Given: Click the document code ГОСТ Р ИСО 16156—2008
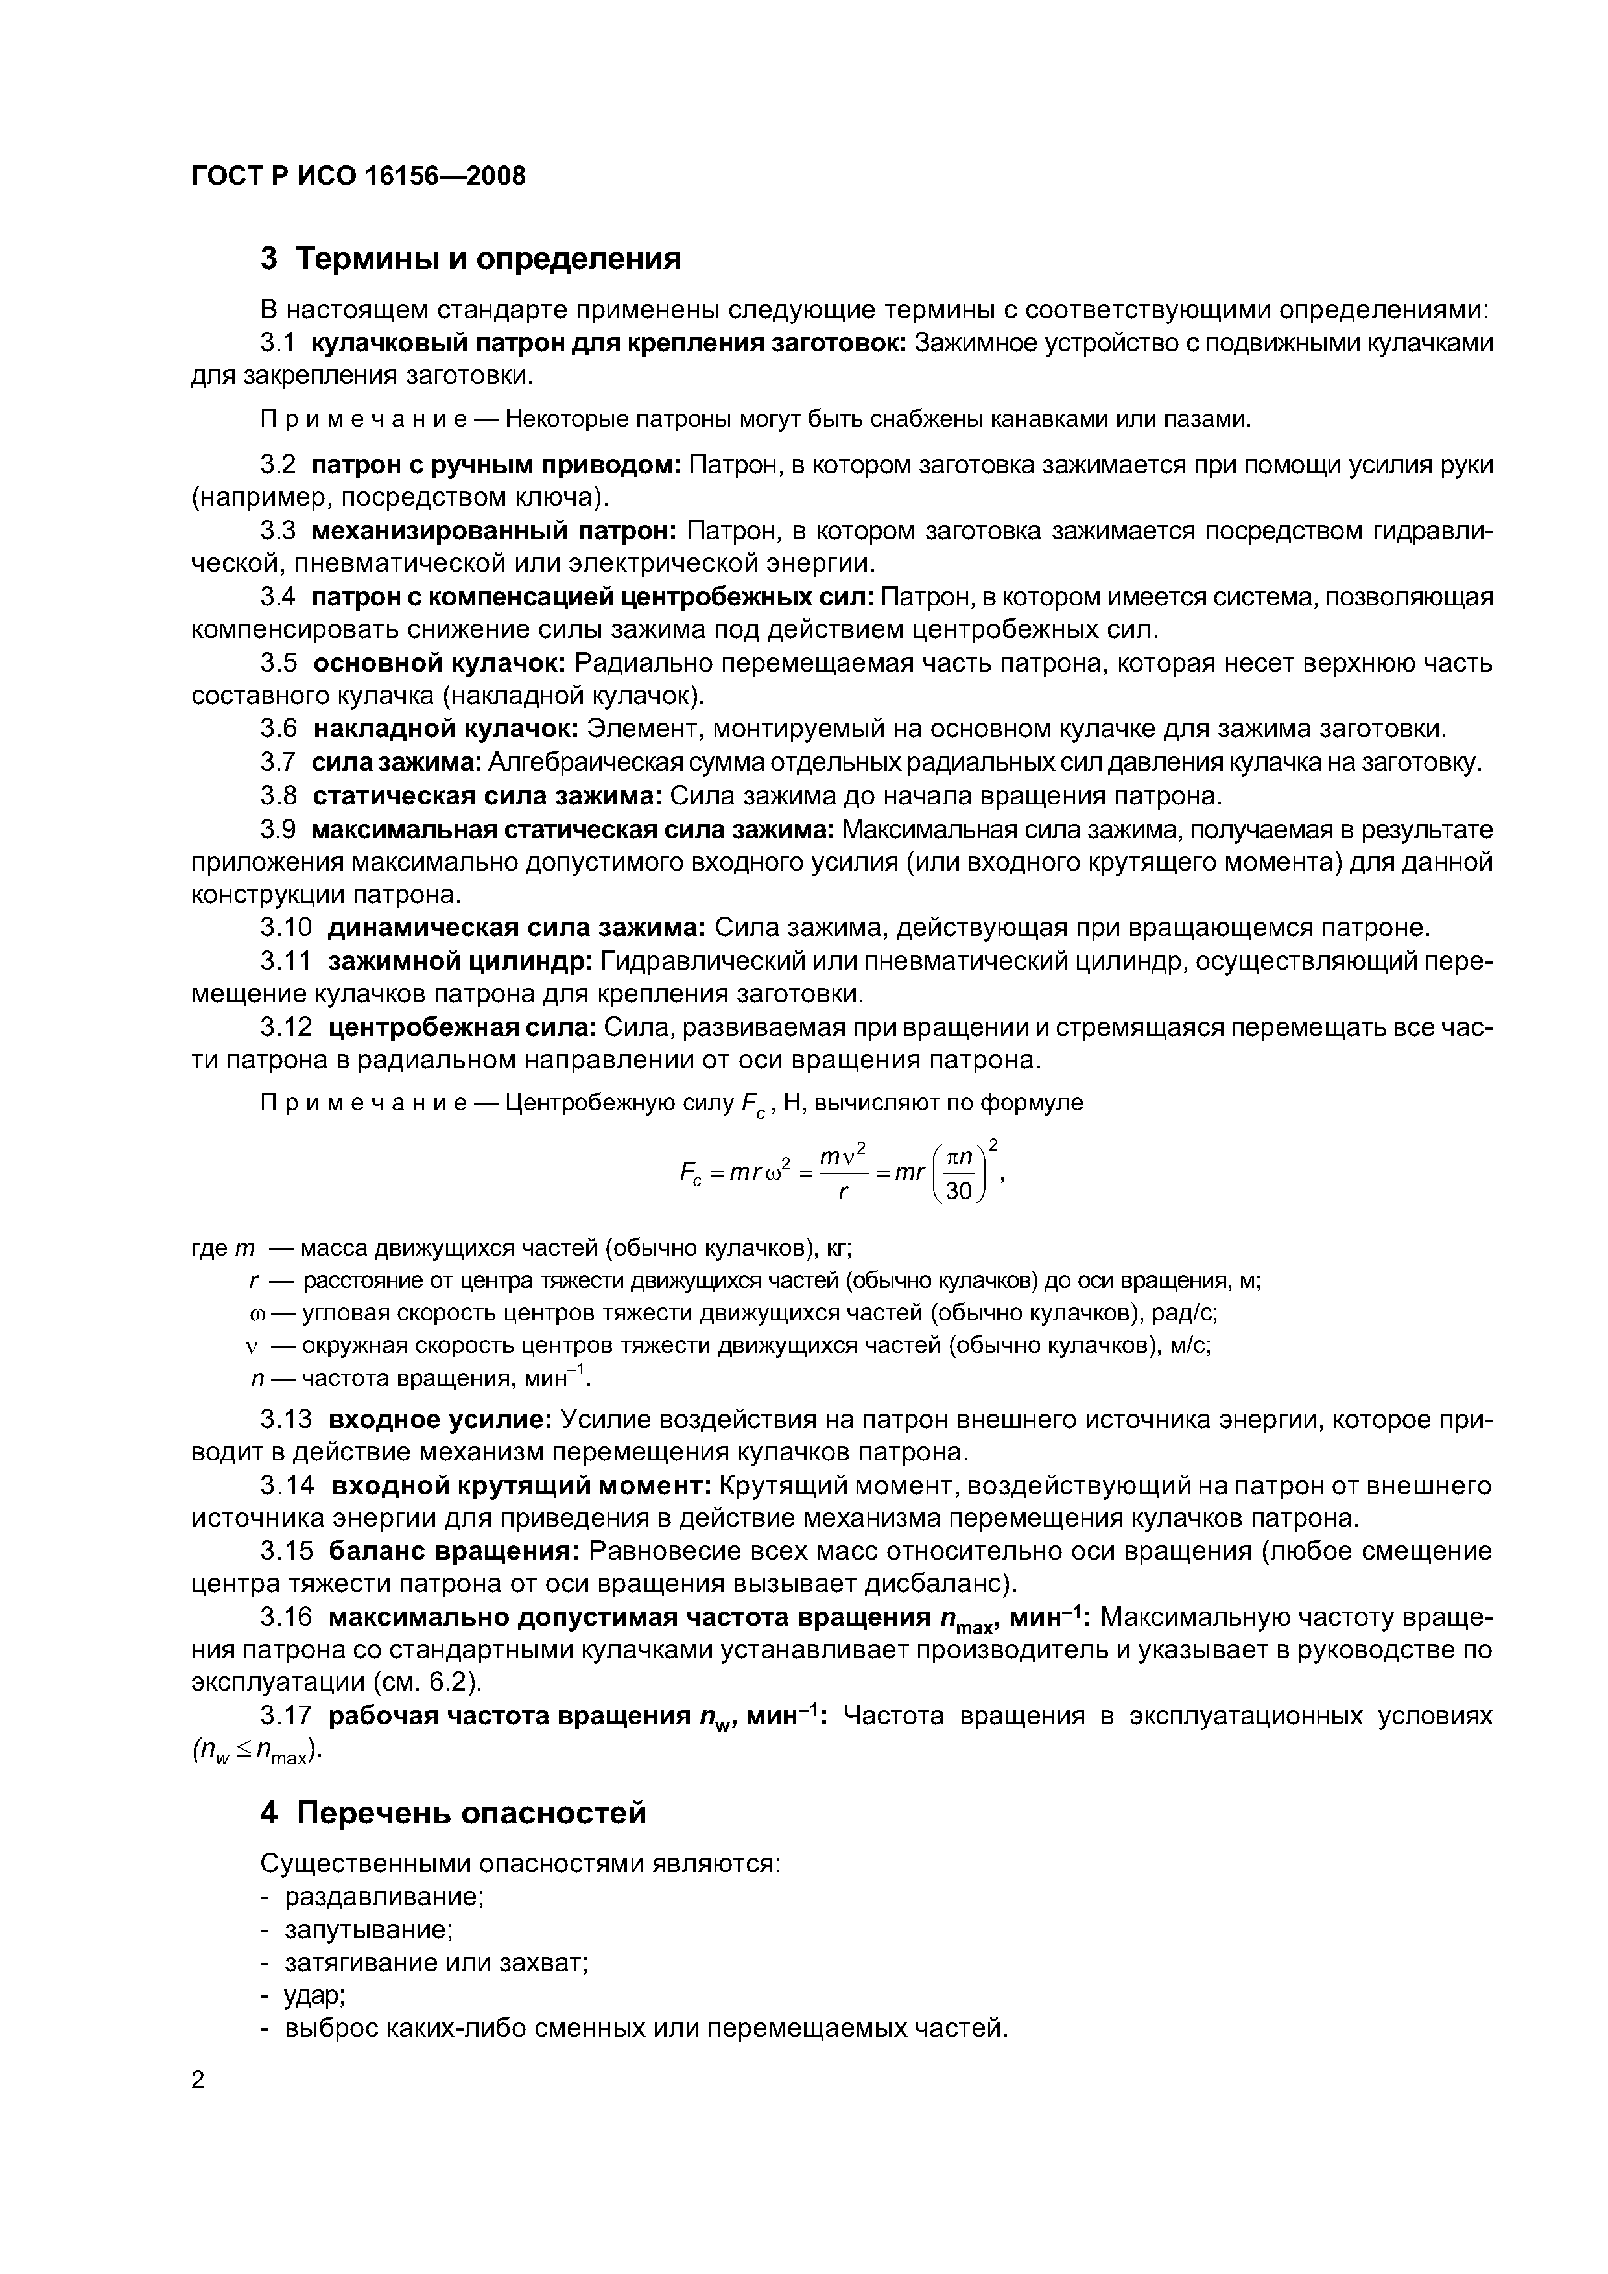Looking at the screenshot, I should click(358, 176).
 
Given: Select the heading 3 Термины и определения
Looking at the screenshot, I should click(471, 259).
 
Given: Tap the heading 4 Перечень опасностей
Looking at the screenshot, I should click(453, 1812).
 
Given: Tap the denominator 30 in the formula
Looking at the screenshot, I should click(959, 1191).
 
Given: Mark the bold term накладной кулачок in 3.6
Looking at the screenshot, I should click(446, 729).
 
